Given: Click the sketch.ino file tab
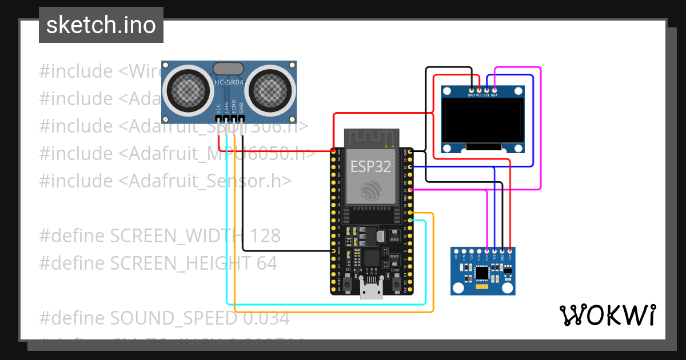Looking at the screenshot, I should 101,25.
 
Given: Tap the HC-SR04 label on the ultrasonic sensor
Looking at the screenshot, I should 229,83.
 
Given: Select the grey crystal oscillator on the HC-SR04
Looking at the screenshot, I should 229,69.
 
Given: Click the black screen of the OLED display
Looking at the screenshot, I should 482,122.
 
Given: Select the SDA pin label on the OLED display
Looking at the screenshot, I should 494,95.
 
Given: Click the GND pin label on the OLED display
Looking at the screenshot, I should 471,95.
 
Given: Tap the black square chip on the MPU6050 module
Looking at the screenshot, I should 482,274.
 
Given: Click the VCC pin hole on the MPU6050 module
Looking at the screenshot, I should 509,251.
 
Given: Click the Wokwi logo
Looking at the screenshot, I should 607,315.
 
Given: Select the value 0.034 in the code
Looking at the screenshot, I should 266,318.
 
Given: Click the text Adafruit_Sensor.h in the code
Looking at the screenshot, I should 205,181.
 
